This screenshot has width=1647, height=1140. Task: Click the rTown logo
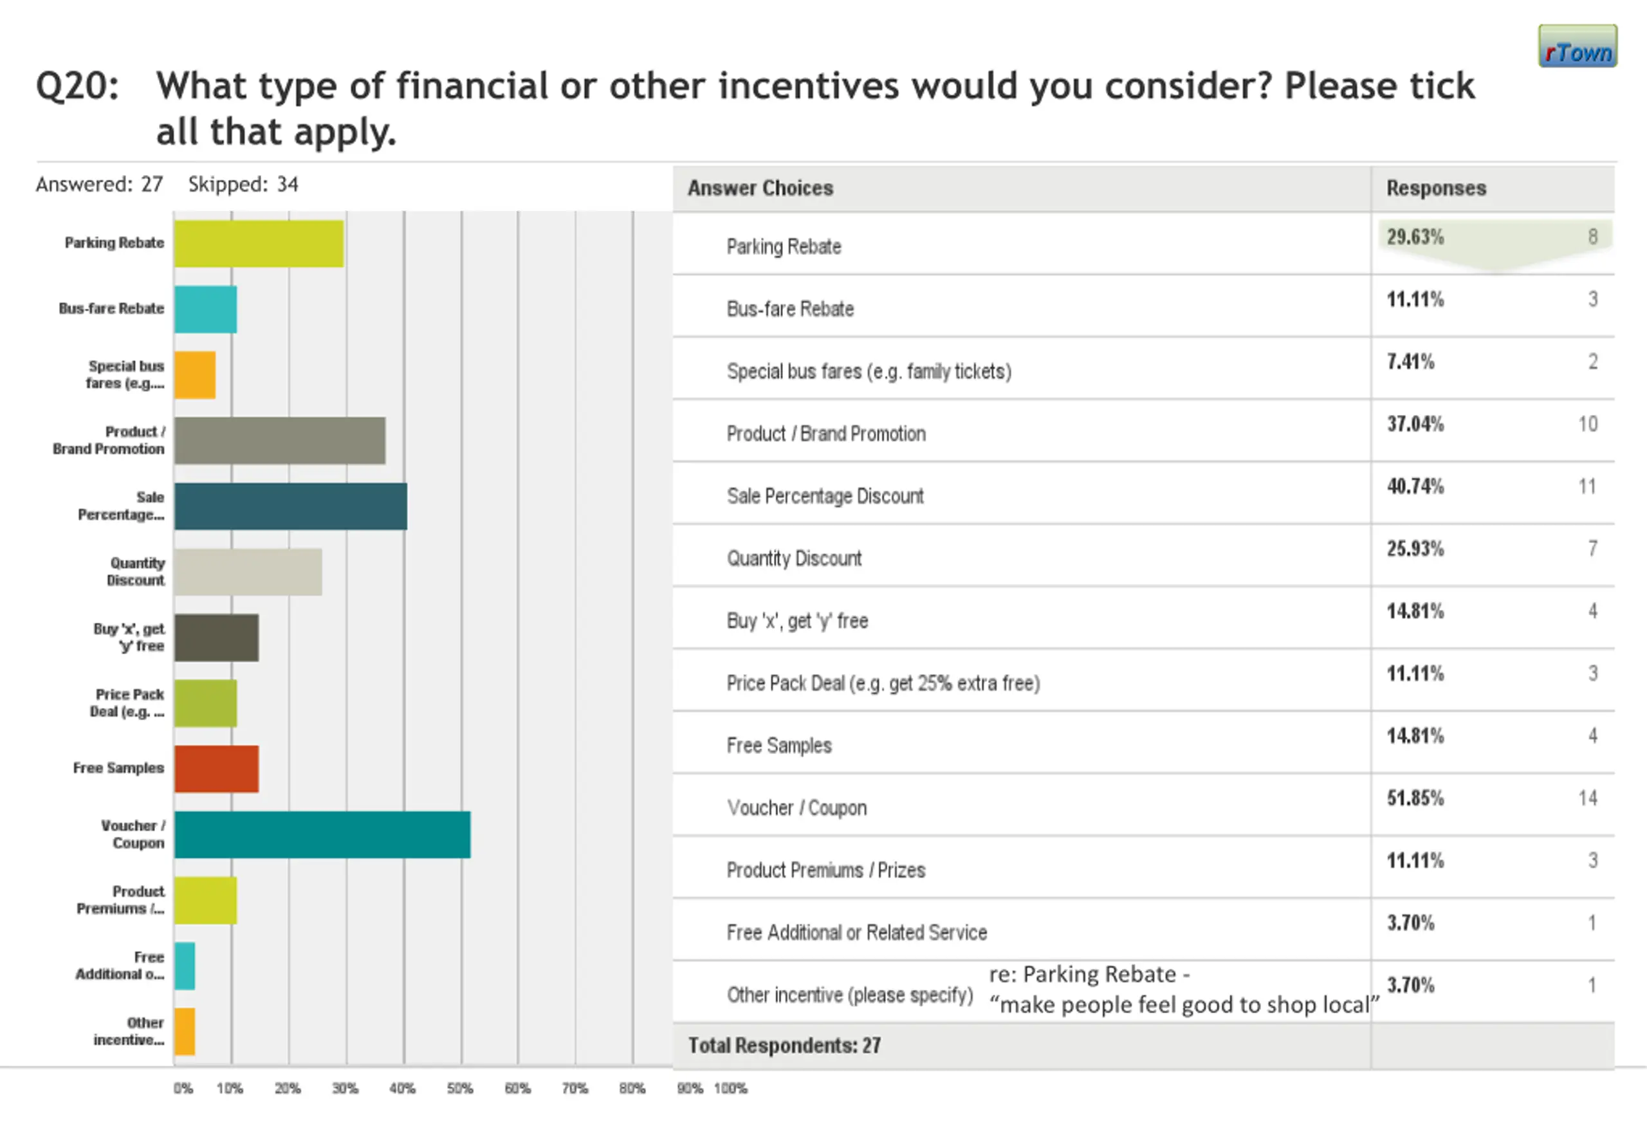[1578, 46]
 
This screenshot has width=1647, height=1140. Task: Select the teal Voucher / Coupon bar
[322, 834]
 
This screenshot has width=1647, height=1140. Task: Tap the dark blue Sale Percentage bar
[291, 506]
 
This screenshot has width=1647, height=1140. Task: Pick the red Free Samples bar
[216, 769]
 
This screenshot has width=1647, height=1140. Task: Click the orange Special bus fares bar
[195, 375]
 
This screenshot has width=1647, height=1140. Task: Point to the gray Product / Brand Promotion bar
[280, 441]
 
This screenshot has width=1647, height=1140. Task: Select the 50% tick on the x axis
[460, 1089]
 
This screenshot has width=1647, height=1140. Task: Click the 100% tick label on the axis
[731, 1089]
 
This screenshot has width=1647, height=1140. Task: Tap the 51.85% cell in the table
[1415, 798]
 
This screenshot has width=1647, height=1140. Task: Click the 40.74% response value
[1415, 486]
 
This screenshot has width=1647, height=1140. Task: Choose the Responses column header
[1437, 188]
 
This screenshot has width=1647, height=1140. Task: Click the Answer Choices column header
[760, 188]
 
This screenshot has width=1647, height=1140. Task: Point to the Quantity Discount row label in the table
[794, 558]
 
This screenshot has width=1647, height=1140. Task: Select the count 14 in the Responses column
[1588, 798]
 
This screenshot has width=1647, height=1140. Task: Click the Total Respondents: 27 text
[784, 1045]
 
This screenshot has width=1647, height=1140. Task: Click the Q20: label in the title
[78, 86]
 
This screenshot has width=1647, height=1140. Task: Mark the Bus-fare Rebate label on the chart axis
[111, 309]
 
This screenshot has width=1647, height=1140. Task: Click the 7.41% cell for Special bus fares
[1411, 362]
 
